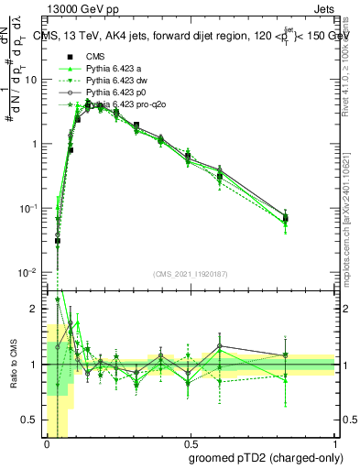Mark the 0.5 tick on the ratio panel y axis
[33, 420]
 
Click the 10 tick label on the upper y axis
[32, 80]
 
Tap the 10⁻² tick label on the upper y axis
[30, 273]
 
